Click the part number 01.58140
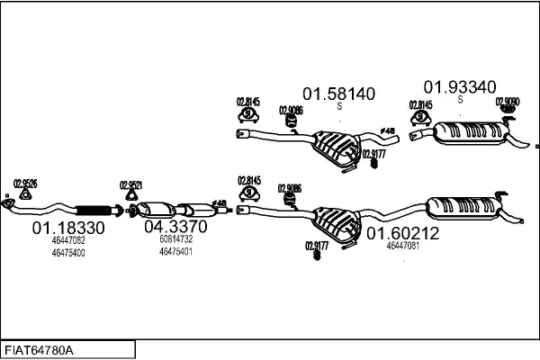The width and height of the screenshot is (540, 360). tap(338, 93)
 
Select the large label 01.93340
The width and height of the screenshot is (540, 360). tap(459, 86)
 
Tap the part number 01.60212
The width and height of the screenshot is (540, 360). tap(402, 233)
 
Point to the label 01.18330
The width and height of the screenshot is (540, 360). tap(68, 229)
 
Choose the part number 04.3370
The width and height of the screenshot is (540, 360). tap(175, 227)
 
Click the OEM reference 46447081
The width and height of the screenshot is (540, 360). tap(402, 246)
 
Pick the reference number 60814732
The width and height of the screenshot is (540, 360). tap(175, 240)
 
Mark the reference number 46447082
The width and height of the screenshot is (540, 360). tap(68, 241)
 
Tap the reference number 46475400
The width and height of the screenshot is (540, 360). tap(68, 253)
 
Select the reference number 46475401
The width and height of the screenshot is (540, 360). tap(175, 252)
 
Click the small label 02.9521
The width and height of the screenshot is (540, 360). tap(131, 186)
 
